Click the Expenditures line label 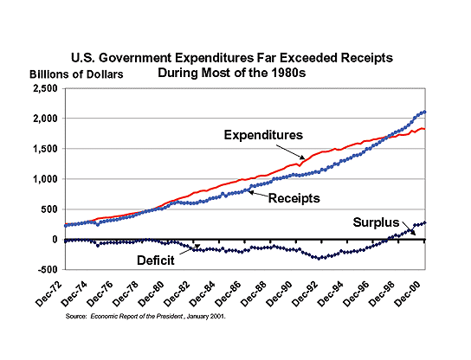[263, 135]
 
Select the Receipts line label [294, 198]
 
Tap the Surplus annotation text [376, 222]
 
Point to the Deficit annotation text [156, 260]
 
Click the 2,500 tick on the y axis [45, 89]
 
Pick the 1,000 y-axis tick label [45, 179]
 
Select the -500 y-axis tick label [48, 269]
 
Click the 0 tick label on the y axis [55, 240]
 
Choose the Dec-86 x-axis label [229, 294]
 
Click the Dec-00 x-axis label [407, 294]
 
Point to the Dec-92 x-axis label [305, 294]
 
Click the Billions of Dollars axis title [76, 74]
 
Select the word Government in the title [135, 58]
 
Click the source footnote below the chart [145, 317]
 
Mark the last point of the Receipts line [424, 112]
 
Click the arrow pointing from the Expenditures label [290, 152]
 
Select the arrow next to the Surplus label [410, 228]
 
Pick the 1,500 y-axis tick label [45, 149]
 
